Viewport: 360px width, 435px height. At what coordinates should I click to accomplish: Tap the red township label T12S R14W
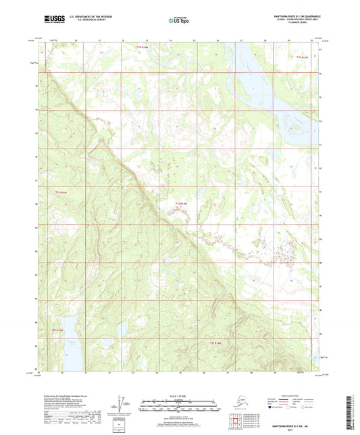[x=213, y=345]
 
